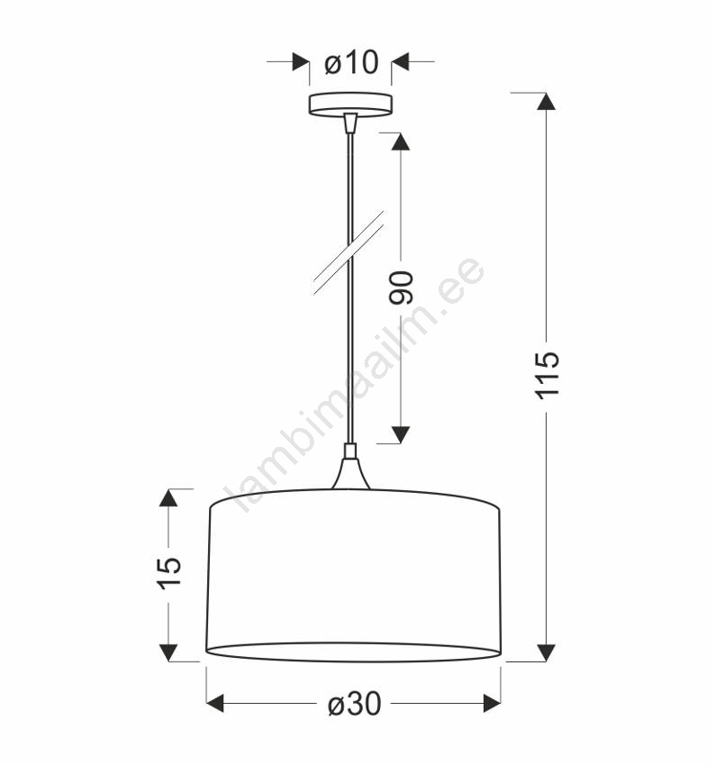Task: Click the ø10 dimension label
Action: tap(351, 62)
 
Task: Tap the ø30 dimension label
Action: tap(354, 705)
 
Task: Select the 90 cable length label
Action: tap(402, 287)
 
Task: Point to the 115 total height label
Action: tap(548, 375)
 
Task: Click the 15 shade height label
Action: tap(169, 572)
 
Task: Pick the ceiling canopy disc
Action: tap(350, 105)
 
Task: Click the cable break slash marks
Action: tap(348, 253)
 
